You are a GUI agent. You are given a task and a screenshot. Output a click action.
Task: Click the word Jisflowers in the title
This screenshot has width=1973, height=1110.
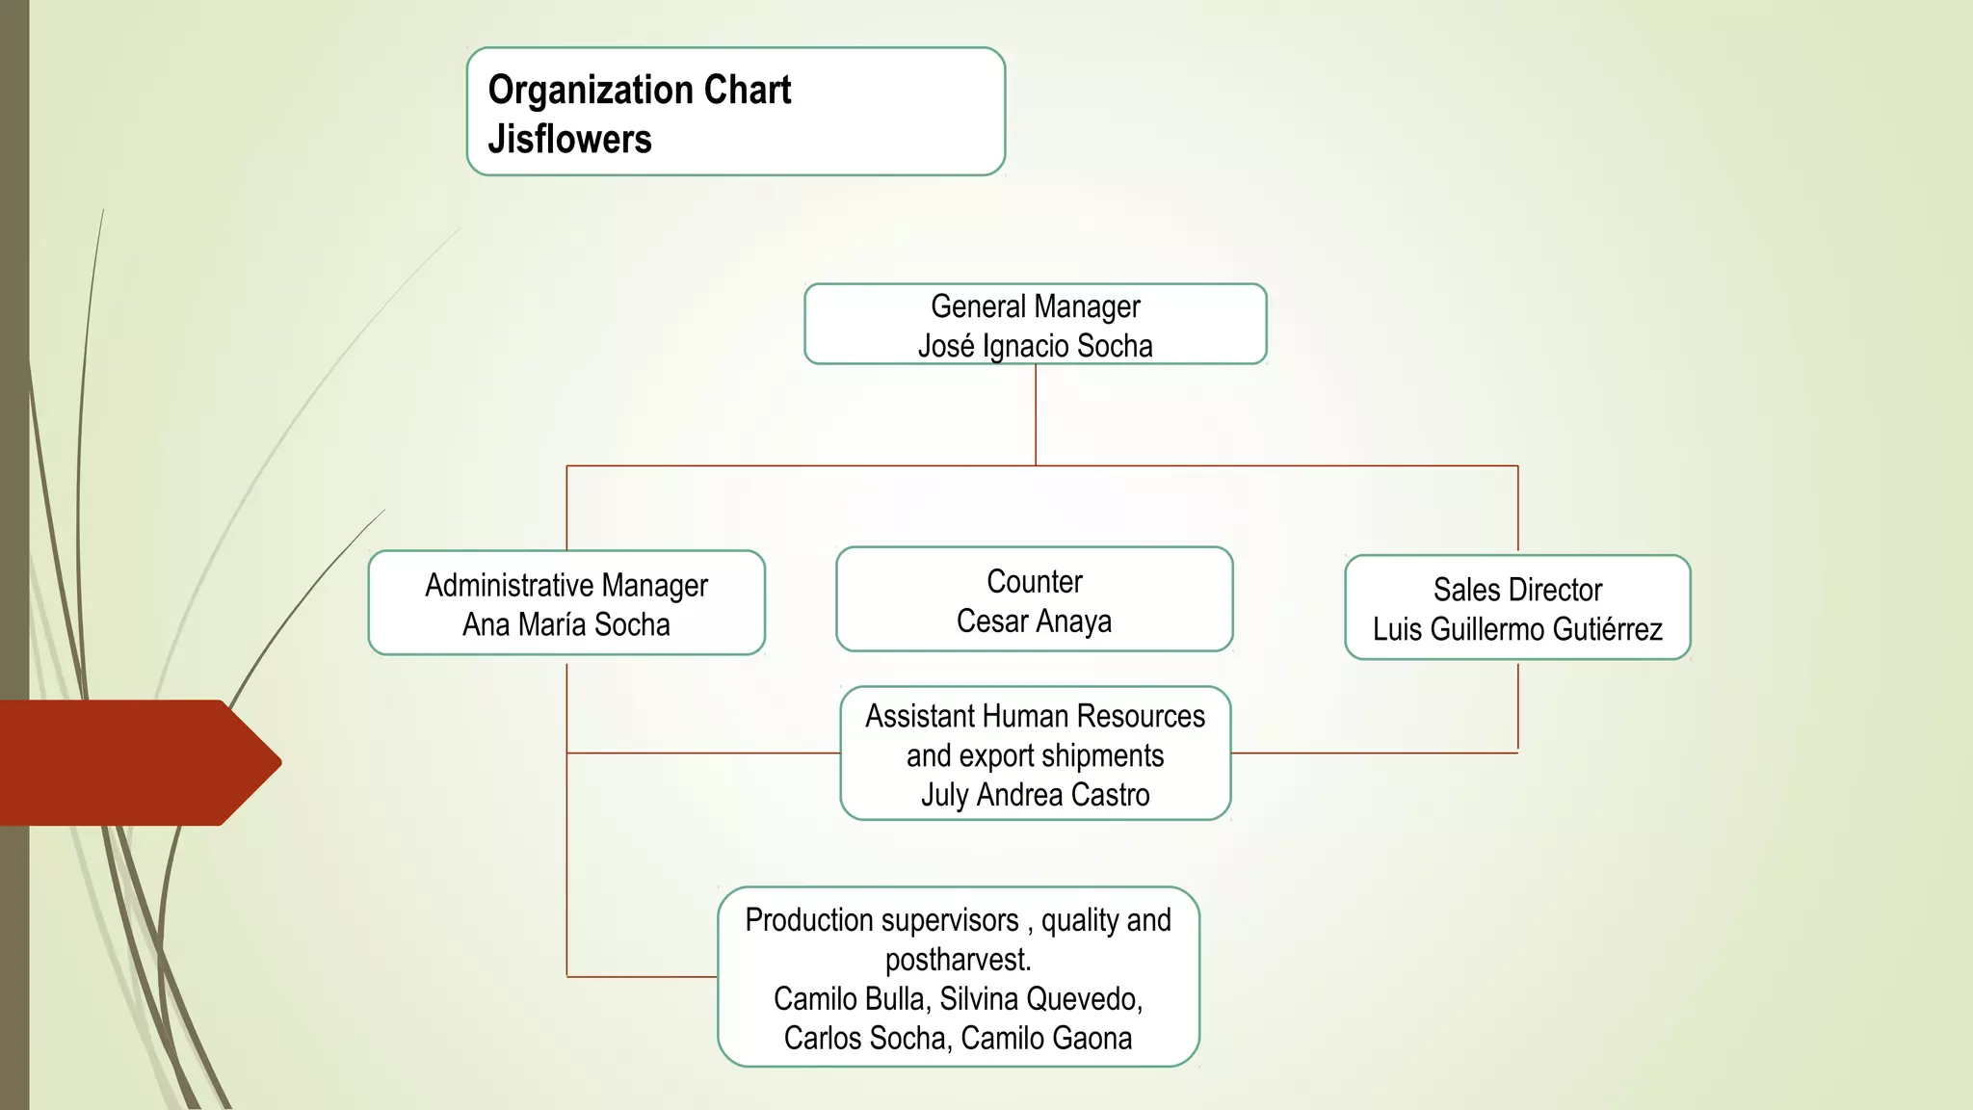(x=569, y=140)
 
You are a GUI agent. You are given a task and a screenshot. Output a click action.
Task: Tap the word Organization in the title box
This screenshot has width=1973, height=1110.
(x=591, y=91)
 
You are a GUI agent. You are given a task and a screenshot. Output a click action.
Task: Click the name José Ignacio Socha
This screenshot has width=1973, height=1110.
(x=1035, y=346)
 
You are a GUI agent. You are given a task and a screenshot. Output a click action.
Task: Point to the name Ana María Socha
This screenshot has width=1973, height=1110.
(x=566, y=625)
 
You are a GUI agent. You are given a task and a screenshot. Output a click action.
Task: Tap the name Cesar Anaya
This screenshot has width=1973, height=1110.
(x=1035, y=621)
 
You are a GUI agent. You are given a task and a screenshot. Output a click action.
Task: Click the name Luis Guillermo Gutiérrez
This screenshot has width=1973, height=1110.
(x=1517, y=630)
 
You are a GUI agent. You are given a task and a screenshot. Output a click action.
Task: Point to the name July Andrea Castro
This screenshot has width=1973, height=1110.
(x=1035, y=796)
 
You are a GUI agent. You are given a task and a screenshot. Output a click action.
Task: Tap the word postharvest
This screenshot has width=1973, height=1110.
(x=958, y=961)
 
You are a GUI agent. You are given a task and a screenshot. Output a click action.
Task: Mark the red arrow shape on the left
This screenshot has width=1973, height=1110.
(x=135, y=762)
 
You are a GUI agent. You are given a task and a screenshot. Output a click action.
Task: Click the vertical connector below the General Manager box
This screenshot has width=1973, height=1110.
(x=1036, y=414)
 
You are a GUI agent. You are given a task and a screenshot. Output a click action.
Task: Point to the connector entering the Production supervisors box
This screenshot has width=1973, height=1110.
(x=642, y=977)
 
